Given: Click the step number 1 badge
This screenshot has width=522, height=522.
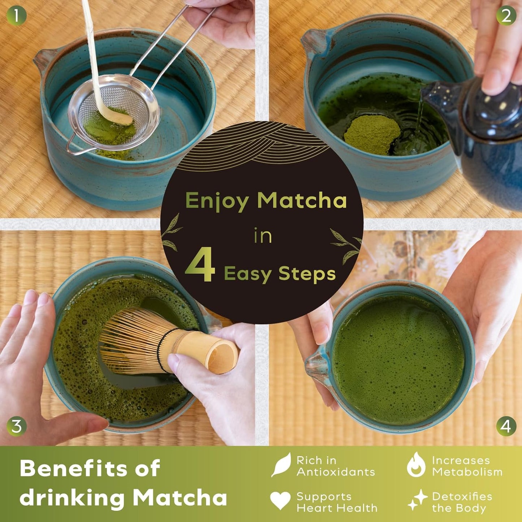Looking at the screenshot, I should coord(16,16).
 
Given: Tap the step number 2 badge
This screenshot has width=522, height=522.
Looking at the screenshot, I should coord(506,16).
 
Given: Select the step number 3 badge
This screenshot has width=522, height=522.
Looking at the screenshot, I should coord(17,426).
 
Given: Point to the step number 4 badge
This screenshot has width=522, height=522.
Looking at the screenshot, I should coord(506,426).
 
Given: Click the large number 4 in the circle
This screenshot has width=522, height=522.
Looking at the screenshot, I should coord(200,266).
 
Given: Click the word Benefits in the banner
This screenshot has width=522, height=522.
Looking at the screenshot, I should coord(72,469).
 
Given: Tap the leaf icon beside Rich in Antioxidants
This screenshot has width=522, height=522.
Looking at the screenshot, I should coord(281,464).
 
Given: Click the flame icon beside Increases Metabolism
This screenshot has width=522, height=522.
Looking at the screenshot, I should coord(416,465).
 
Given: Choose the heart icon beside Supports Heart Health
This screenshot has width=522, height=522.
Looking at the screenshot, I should coord(280,500).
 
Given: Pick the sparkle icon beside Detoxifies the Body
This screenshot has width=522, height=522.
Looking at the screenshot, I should coord(418,500).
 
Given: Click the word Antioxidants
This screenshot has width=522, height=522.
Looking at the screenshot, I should coord(336,472).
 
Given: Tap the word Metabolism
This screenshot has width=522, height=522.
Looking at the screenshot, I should coord(467,472).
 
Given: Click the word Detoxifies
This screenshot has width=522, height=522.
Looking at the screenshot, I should coord(462,497).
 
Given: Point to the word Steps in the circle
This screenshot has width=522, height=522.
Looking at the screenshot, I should coord(307,275).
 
